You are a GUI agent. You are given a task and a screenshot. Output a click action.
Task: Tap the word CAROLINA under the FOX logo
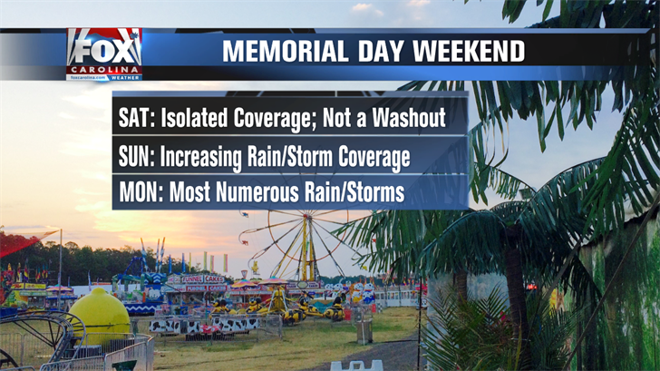104,70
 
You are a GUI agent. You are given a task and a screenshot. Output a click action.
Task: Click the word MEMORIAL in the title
285,52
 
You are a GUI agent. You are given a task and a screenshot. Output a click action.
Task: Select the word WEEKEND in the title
469,52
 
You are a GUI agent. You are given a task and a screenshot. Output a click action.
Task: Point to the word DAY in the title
380,52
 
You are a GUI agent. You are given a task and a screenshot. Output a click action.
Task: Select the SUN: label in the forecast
137,157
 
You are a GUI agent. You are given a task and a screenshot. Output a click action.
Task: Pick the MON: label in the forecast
141,193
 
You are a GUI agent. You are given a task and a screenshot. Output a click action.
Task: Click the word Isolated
195,118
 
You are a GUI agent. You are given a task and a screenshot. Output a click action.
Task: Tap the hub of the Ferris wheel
306,218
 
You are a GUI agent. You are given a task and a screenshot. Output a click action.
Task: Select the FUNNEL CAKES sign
203,279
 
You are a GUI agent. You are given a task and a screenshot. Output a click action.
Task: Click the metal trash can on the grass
364,331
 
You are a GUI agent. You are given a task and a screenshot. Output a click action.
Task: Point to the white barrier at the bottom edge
356,366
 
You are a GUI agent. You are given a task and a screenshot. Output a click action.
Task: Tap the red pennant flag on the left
25,241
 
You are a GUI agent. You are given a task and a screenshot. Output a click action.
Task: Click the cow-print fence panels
205,325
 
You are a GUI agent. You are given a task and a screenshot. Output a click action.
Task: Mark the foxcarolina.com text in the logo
89,78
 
